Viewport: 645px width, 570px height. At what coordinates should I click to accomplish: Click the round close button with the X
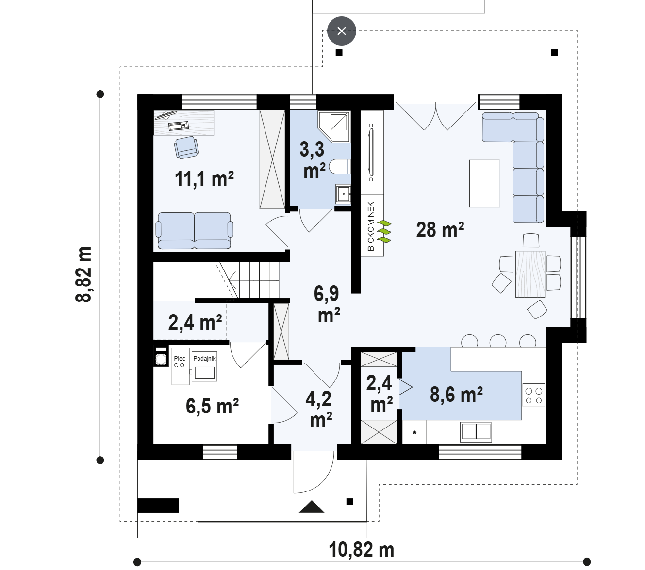coord(341,31)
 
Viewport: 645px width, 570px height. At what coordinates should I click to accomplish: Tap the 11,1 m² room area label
coord(204,179)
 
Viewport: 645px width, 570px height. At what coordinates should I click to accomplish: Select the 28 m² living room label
coord(440,230)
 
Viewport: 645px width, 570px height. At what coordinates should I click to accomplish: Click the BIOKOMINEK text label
coord(371,226)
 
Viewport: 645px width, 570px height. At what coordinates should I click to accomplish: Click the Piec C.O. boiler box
coord(180,366)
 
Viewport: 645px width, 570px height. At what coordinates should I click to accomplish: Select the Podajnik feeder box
coord(204,366)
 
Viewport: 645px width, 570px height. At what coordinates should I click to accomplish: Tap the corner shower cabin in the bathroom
coord(334,126)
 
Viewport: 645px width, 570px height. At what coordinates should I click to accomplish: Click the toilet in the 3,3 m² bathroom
coord(340,167)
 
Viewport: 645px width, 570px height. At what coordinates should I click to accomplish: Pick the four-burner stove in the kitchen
coord(533,395)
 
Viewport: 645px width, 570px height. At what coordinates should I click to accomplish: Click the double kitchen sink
coord(476,432)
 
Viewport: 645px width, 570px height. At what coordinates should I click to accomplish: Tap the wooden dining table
coord(530,274)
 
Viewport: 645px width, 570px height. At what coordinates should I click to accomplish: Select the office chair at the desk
coord(186,147)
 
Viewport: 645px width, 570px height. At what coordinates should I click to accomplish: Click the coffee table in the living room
coord(484,183)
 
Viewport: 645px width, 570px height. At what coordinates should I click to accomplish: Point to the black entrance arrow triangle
coord(312,507)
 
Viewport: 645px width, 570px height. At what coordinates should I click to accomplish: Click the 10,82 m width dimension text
coord(362,550)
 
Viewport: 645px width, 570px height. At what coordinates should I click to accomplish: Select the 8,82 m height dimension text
coord(84,274)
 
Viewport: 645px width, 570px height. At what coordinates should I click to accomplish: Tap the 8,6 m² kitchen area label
coord(456,395)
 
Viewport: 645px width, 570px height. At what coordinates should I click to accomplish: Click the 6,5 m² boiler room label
coord(212,406)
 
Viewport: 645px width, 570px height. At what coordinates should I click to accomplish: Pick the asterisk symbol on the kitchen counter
coord(414,433)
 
